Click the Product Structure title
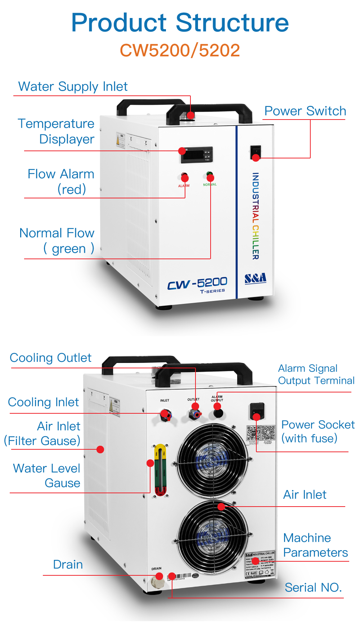coord(180,23)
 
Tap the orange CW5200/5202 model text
coord(180,50)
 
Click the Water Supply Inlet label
coord(73,87)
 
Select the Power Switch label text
coord(305,111)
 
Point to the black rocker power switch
coord(255,152)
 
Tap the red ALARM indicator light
coord(184,176)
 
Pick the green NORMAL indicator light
coord(210,175)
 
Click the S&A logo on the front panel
coord(255,278)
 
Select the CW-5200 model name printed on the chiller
coord(197,283)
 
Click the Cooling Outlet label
coord(50,358)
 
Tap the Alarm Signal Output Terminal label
coord(316,374)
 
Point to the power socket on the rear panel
coord(257,411)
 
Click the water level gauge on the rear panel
coord(160,470)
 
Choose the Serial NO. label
coord(313,588)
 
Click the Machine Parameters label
coord(315,545)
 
